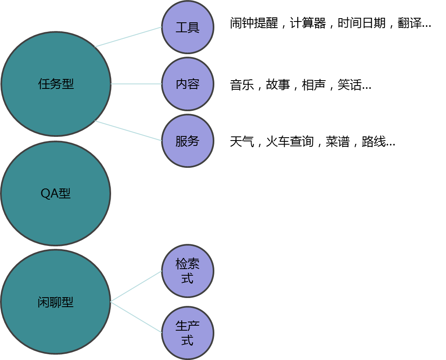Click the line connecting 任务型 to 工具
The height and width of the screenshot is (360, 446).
pyautogui.click(x=128, y=37)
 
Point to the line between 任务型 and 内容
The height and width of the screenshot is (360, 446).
pyautogui.click(x=136, y=84)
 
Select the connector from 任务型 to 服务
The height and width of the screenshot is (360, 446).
pyautogui.click(x=128, y=131)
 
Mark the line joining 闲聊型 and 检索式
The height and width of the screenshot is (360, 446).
pyautogui.click(x=136, y=286)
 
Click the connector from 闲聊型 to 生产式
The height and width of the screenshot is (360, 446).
pyautogui.click(x=136, y=317)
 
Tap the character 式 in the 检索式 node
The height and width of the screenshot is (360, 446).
pyautogui.click(x=187, y=278)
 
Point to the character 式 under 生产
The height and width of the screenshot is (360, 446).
pyautogui.click(x=187, y=341)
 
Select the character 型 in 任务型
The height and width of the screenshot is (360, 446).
pyautogui.click(x=68, y=84)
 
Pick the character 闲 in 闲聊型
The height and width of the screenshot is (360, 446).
pyautogui.click(x=43, y=303)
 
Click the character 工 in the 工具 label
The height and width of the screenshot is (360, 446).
pyautogui.click(x=181, y=28)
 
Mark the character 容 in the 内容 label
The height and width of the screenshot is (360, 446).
pyautogui.click(x=194, y=84)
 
